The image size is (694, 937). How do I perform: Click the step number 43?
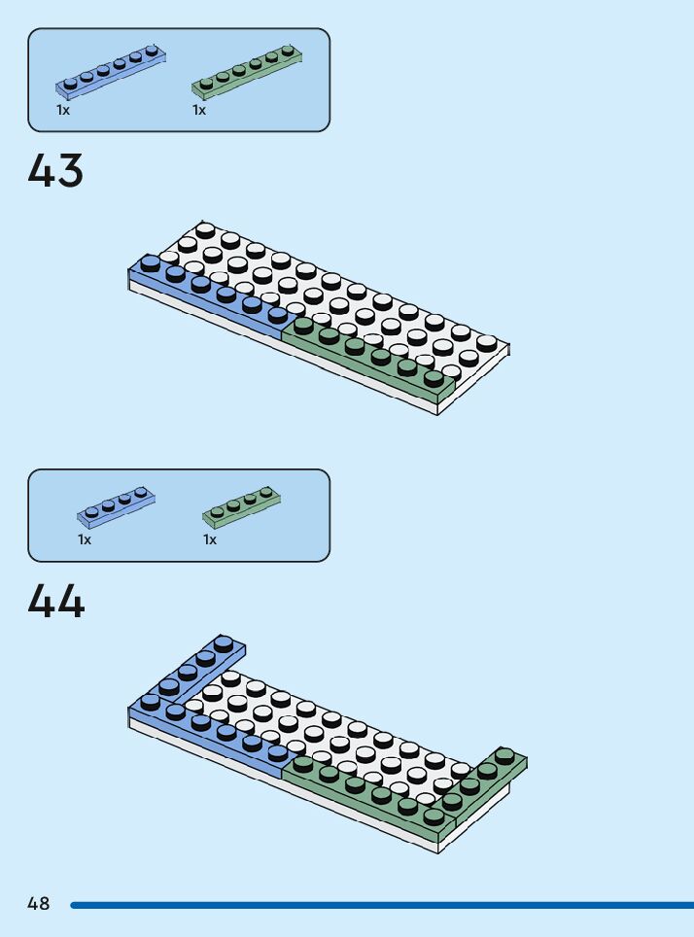coord(55,171)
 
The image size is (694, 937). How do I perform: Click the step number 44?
coord(55,602)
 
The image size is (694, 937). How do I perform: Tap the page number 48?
coord(38,904)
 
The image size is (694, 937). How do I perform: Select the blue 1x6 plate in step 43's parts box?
coord(111,72)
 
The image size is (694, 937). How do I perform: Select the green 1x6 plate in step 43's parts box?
coord(247,72)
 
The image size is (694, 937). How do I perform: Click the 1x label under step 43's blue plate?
coord(63,110)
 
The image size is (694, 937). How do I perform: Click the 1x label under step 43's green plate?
coord(199,110)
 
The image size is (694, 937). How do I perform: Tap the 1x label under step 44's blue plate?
coord(85,539)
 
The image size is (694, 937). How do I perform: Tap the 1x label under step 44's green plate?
coord(210,539)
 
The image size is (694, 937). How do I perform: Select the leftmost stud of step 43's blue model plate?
coord(150,262)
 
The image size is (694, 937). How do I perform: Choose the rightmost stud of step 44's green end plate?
coord(504,755)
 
